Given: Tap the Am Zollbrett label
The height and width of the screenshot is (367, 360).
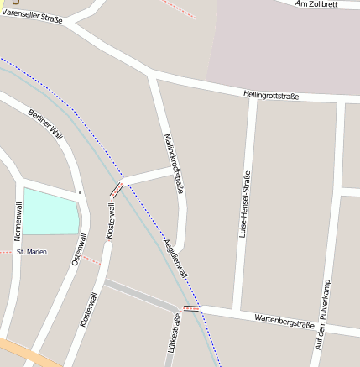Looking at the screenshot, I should tap(319, 5).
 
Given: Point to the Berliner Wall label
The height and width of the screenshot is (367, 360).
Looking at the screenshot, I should tap(45, 123).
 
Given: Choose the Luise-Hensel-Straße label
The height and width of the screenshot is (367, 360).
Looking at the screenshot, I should tap(246, 207).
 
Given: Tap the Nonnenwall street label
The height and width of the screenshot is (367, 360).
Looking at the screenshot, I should tap(18, 221).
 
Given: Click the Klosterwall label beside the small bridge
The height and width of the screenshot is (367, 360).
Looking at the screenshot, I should tap(110, 221).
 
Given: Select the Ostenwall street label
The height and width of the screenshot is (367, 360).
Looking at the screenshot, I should tap(78, 251).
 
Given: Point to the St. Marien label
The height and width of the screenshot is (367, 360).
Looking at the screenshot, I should tap(32, 252).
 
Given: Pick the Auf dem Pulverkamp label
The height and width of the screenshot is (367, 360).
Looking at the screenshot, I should tap(323, 314).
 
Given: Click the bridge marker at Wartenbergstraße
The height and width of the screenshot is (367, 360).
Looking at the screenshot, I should tap(192, 309).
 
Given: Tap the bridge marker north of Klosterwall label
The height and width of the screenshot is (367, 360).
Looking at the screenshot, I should tap(117, 189).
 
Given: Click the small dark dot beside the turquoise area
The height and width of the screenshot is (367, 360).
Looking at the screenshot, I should tap(81, 193).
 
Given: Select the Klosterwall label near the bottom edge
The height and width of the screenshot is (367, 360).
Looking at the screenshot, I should tap(89, 309).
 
